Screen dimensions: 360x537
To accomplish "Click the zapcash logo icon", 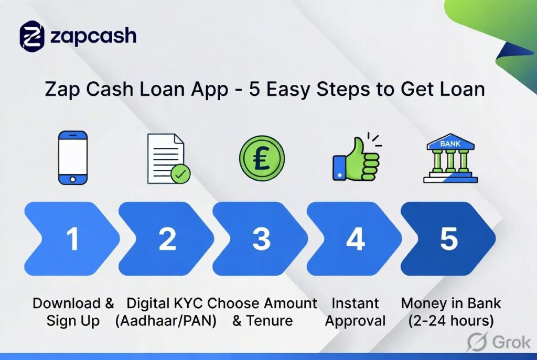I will tap(33, 36).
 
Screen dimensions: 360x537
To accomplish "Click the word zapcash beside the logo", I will tap(93, 36).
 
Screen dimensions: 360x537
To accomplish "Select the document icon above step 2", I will tap(166, 158).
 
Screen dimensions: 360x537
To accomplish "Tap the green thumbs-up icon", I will tap(356, 159).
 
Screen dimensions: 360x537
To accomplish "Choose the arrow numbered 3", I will tap(261, 239).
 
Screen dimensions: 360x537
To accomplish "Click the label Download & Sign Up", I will tap(73, 312).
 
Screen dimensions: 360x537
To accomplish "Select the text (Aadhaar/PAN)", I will tap(166, 321).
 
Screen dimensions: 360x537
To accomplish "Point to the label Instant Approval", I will tap(356, 312).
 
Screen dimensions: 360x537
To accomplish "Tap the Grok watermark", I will tap(498, 341).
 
